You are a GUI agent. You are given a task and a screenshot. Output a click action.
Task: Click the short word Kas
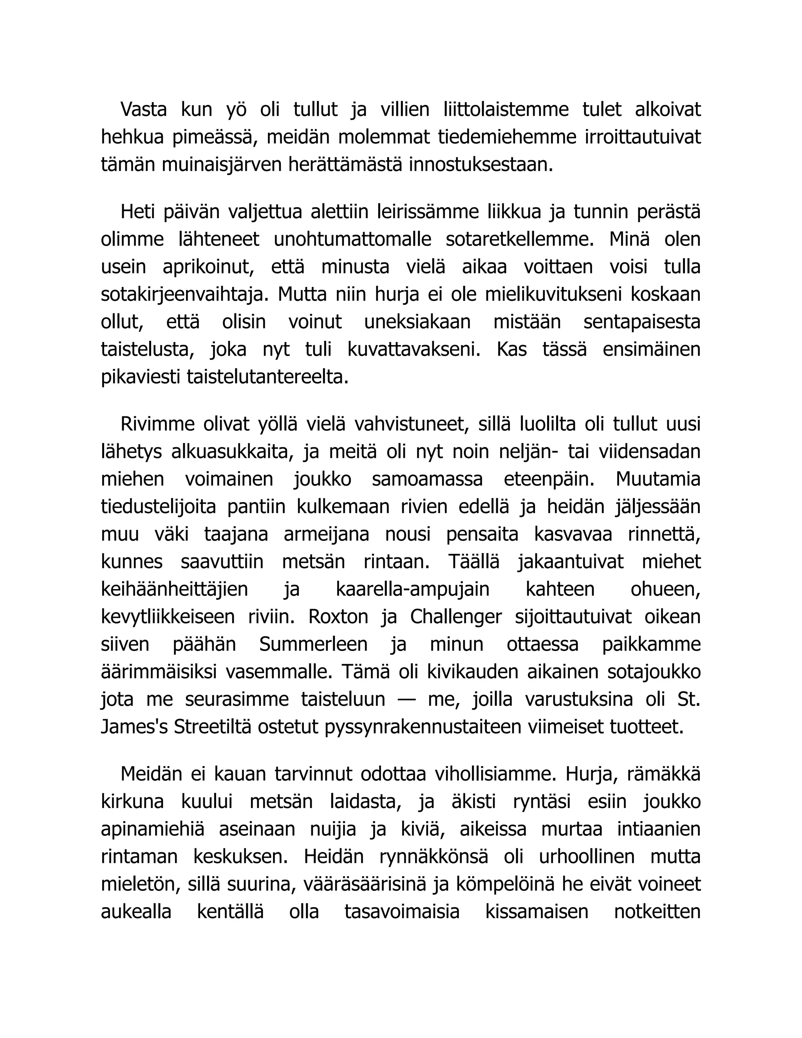(511, 350)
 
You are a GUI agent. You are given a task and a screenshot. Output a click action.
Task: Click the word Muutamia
(658, 479)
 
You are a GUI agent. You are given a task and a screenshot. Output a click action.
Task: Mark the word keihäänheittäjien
(174, 590)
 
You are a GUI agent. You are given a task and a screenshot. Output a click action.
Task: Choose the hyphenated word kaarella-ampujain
(412, 590)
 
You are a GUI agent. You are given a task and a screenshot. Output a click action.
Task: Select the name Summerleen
(314, 644)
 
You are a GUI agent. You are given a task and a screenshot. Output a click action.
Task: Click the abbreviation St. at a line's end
(688, 700)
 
